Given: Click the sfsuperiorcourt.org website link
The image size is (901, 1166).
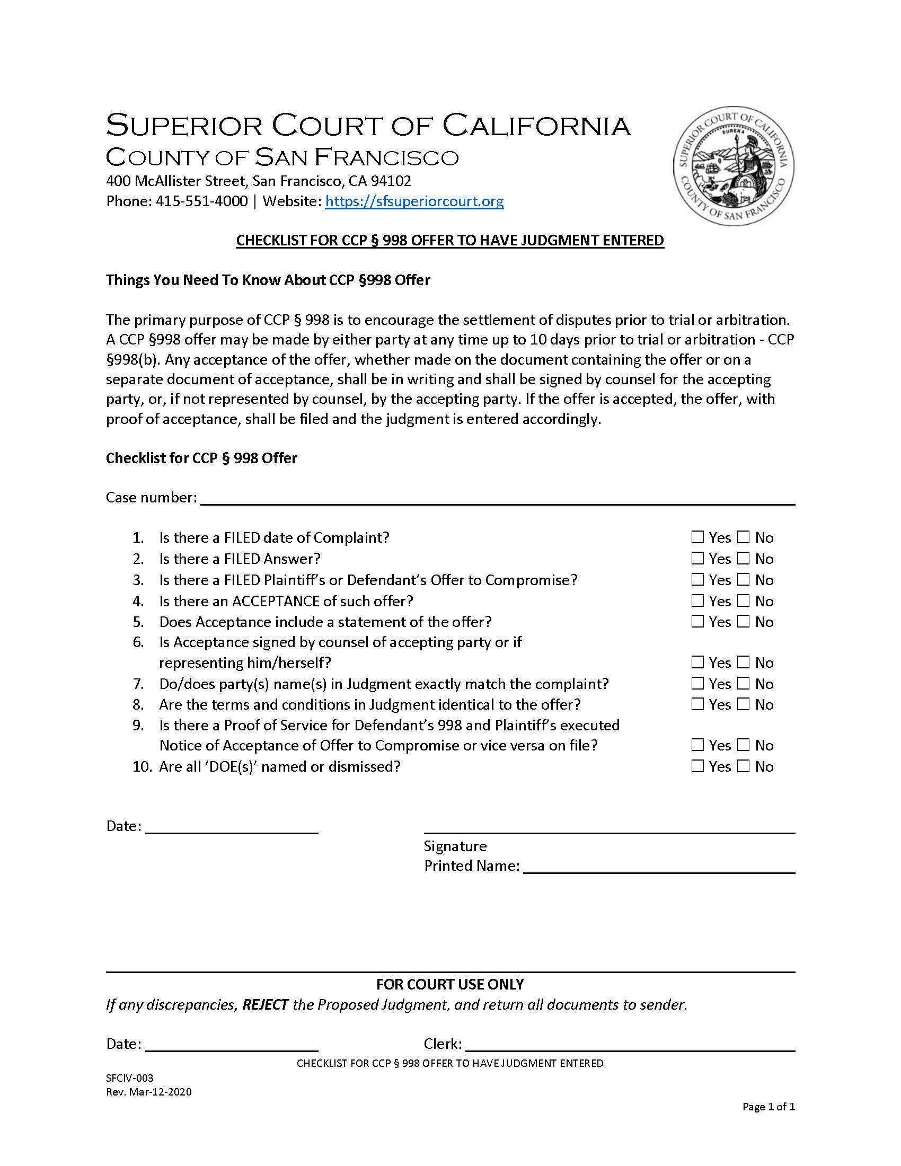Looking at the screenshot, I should (x=414, y=201).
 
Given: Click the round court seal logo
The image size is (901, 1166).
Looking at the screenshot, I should (x=733, y=166).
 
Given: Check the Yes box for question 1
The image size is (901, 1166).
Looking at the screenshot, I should (x=697, y=536).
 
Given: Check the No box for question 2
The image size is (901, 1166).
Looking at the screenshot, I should (x=744, y=558).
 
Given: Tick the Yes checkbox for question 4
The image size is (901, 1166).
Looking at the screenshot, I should (x=697, y=600).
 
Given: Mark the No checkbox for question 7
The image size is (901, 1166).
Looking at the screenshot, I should (x=744, y=683).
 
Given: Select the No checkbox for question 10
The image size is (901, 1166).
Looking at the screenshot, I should (x=744, y=766).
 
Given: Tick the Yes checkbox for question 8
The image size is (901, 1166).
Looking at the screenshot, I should (x=697, y=704).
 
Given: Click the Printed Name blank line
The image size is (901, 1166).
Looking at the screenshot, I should (x=659, y=867).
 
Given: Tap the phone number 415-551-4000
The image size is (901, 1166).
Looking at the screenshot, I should (x=202, y=201).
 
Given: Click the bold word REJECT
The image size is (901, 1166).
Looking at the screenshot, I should (x=266, y=1005).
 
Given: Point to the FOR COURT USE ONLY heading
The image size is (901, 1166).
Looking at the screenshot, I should (x=450, y=984).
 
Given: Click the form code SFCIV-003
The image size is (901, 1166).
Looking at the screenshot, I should (x=130, y=1078).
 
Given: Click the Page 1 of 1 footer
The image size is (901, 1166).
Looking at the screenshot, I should (x=768, y=1107).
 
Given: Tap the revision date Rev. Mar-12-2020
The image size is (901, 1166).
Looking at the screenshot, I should (x=148, y=1092).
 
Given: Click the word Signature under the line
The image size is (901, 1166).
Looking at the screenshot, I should (x=455, y=846).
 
